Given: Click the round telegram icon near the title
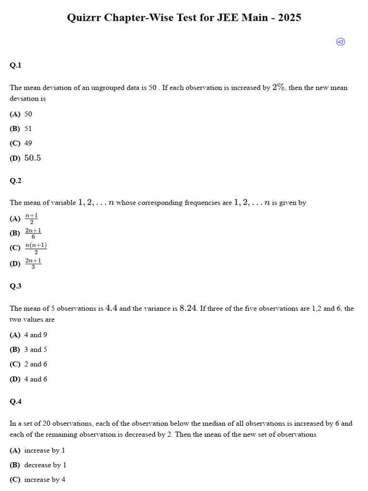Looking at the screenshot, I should pyautogui.click(x=341, y=42).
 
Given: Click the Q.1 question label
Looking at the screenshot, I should pyautogui.click(x=15, y=65).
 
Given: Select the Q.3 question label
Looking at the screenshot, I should pyautogui.click(x=15, y=286).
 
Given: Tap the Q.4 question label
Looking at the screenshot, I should pyautogui.click(x=15, y=401).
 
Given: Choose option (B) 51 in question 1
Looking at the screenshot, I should pyautogui.click(x=28, y=129).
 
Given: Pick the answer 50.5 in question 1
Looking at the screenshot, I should pyautogui.click(x=33, y=158).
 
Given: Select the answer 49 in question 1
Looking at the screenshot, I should pyautogui.click(x=28, y=143).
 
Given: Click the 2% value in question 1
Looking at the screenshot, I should pyautogui.click(x=279, y=87).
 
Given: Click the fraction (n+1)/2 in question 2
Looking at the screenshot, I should pyautogui.click(x=31, y=219).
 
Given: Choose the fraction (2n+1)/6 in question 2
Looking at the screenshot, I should pyautogui.click(x=33, y=233).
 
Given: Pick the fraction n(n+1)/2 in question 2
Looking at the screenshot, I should pyautogui.click(x=36, y=248).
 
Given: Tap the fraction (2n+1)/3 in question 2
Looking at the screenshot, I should pyautogui.click(x=33, y=263).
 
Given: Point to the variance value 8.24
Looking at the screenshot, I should pyautogui.click(x=188, y=308).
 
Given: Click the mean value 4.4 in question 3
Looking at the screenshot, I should pyautogui.click(x=111, y=308).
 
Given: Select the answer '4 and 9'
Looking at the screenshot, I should pyautogui.click(x=35, y=335).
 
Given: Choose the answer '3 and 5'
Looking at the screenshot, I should pyautogui.click(x=35, y=350).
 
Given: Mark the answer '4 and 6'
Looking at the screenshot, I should pyautogui.click(x=35, y=379).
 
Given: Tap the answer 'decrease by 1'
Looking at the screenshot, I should pyautogui.click(x=45, y=465).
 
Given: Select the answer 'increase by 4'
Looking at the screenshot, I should pyautogui.click(x=45, y=479).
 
